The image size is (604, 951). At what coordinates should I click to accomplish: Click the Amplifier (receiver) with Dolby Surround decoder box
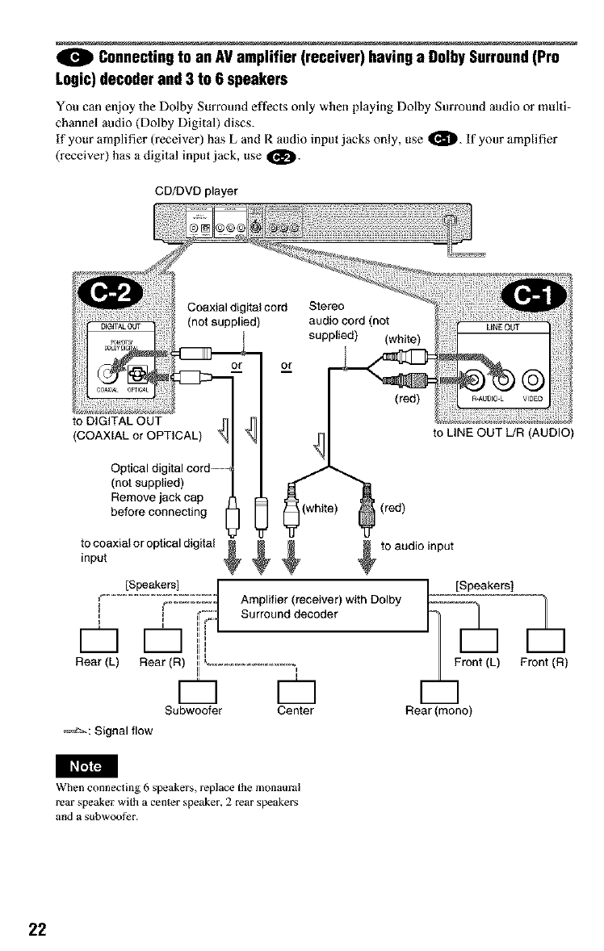[x=322, y=606]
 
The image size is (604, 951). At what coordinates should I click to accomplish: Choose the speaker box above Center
[x=295, y=690]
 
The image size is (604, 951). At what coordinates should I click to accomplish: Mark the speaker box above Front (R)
[x=543, y=642]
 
